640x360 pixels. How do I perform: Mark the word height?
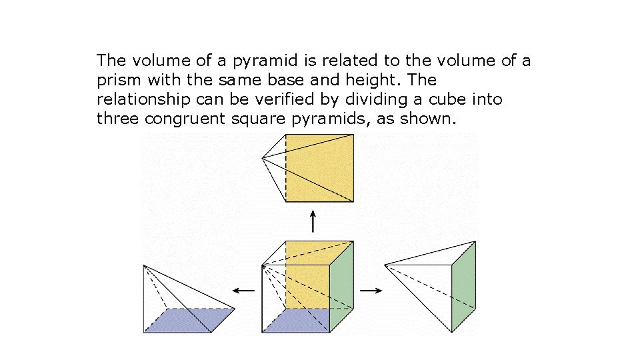(373, 81)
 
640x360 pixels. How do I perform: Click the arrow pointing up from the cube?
(313, 221)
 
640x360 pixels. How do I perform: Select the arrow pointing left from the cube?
(243, 291)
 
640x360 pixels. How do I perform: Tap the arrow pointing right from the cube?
(370, 291)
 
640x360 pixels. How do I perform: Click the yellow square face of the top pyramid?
(319, 167)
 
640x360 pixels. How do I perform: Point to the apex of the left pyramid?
(145, 266)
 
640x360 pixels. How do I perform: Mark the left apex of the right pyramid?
(385, 265)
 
